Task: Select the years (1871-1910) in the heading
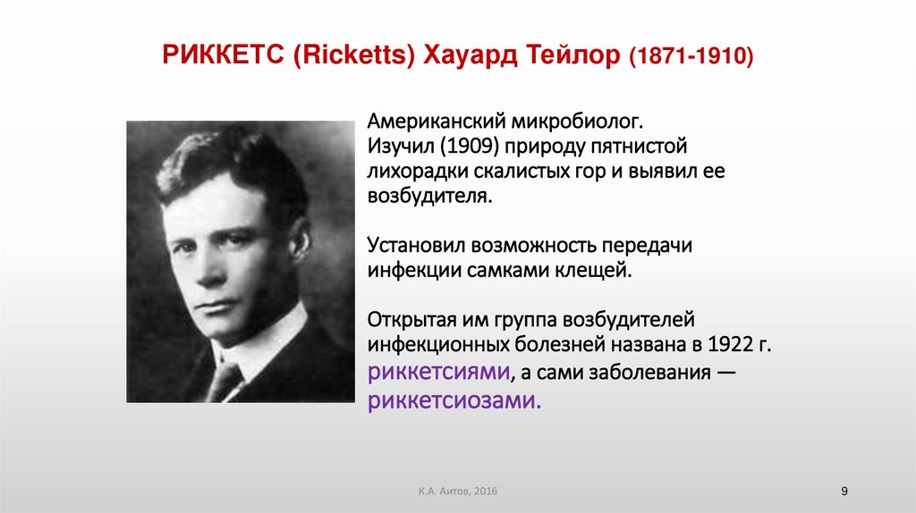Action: tap(691, 58)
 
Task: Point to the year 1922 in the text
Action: tap(727, 345)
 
